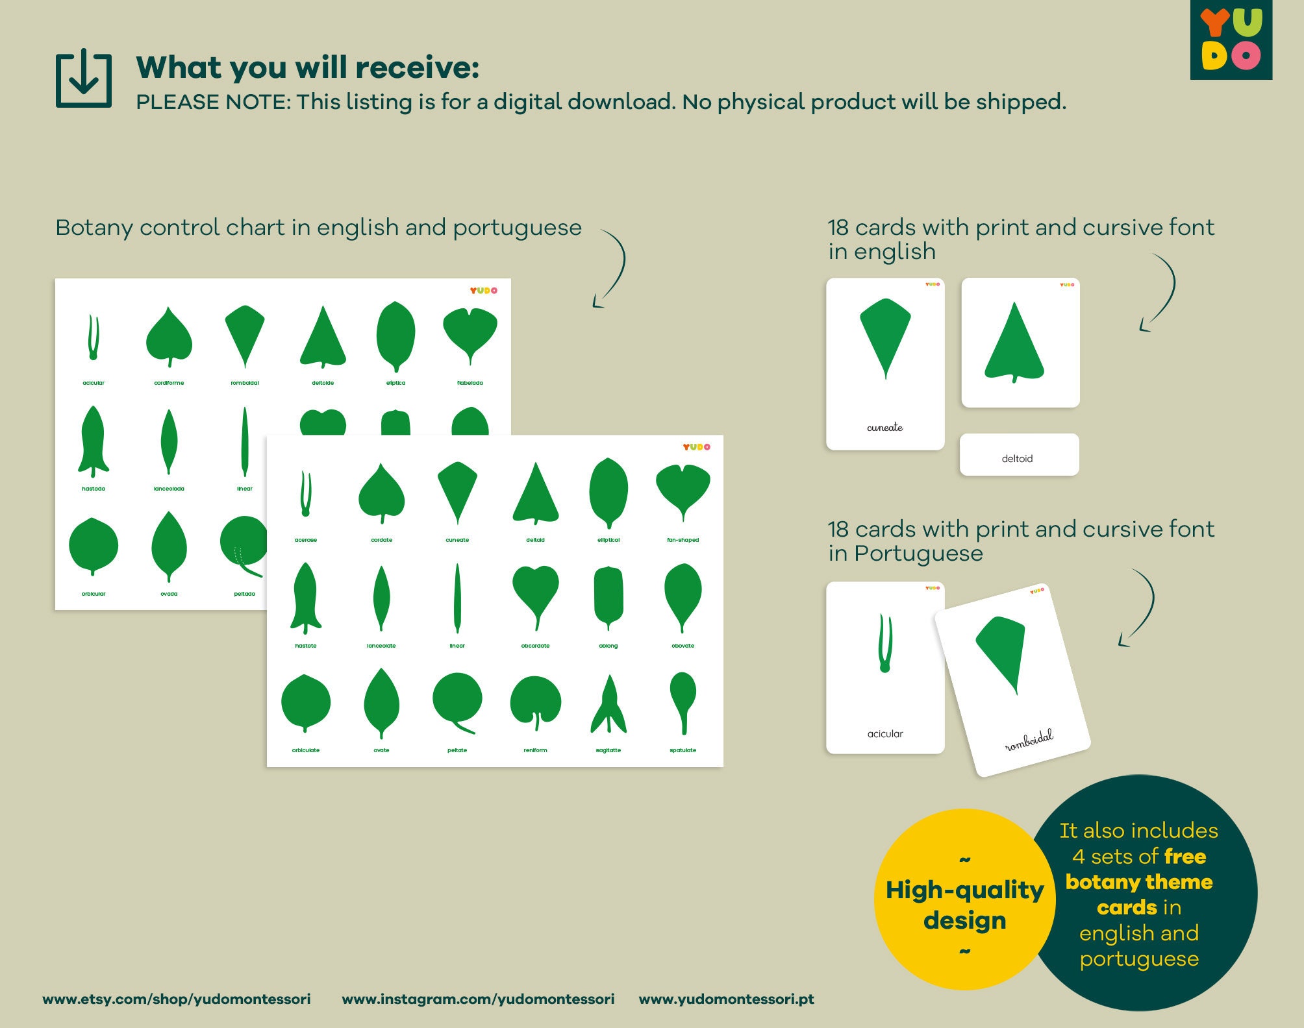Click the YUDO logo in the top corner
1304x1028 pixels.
click(x=1231, y=40)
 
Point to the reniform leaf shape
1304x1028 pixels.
click(x=535, y=702)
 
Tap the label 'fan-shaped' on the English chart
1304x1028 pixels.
click(x=683, y=540)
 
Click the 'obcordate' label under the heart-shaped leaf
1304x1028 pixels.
click(x=535, y=646)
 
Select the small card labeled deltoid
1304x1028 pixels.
click(x=1018, y=456)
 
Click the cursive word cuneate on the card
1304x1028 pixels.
click(x=884, y=427)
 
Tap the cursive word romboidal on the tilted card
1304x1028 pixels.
click(x=1029, y=740)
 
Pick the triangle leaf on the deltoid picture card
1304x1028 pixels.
click(x=1014, y=343)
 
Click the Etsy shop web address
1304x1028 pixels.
click(x=177, y=999)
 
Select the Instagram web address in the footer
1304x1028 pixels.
click(x=478, y=999)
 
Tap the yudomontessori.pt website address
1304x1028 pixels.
click(x=726, y=999)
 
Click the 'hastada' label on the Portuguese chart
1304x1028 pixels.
click(x=94, y=489)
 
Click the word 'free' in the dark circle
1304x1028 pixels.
click(x=1185, y=857)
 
